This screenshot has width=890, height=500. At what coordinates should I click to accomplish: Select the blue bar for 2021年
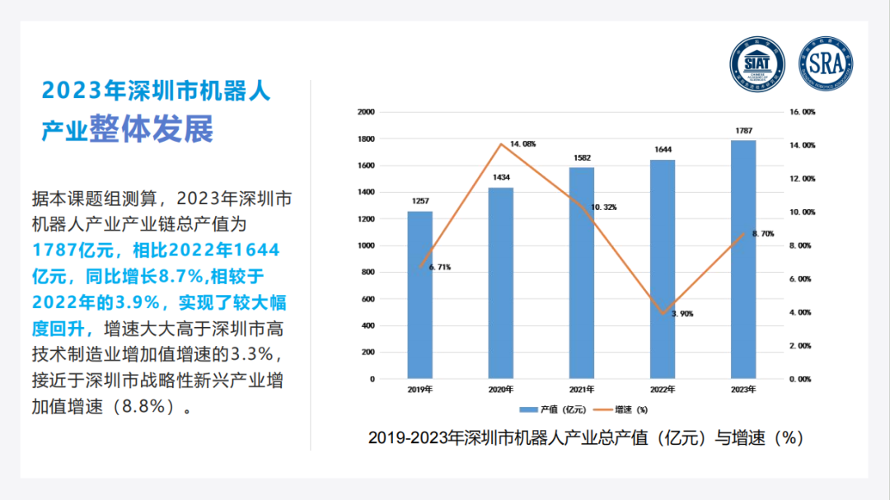581,272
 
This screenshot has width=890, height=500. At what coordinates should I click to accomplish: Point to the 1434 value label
500,178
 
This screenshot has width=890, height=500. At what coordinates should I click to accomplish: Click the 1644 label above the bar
662,150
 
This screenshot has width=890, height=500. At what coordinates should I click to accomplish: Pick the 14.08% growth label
522,144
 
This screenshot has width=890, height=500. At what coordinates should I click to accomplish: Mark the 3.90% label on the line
682,315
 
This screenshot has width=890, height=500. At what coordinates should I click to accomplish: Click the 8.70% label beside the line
762,234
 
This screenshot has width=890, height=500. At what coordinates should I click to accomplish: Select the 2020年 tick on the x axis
500,390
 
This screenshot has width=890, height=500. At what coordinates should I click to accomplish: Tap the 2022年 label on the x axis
662,390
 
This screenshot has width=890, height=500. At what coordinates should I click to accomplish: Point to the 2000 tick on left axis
366,112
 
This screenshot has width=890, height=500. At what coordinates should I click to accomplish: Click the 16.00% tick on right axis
803,112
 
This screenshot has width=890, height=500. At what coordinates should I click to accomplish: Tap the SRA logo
826,63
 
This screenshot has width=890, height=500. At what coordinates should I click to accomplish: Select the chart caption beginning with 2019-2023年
585,438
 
